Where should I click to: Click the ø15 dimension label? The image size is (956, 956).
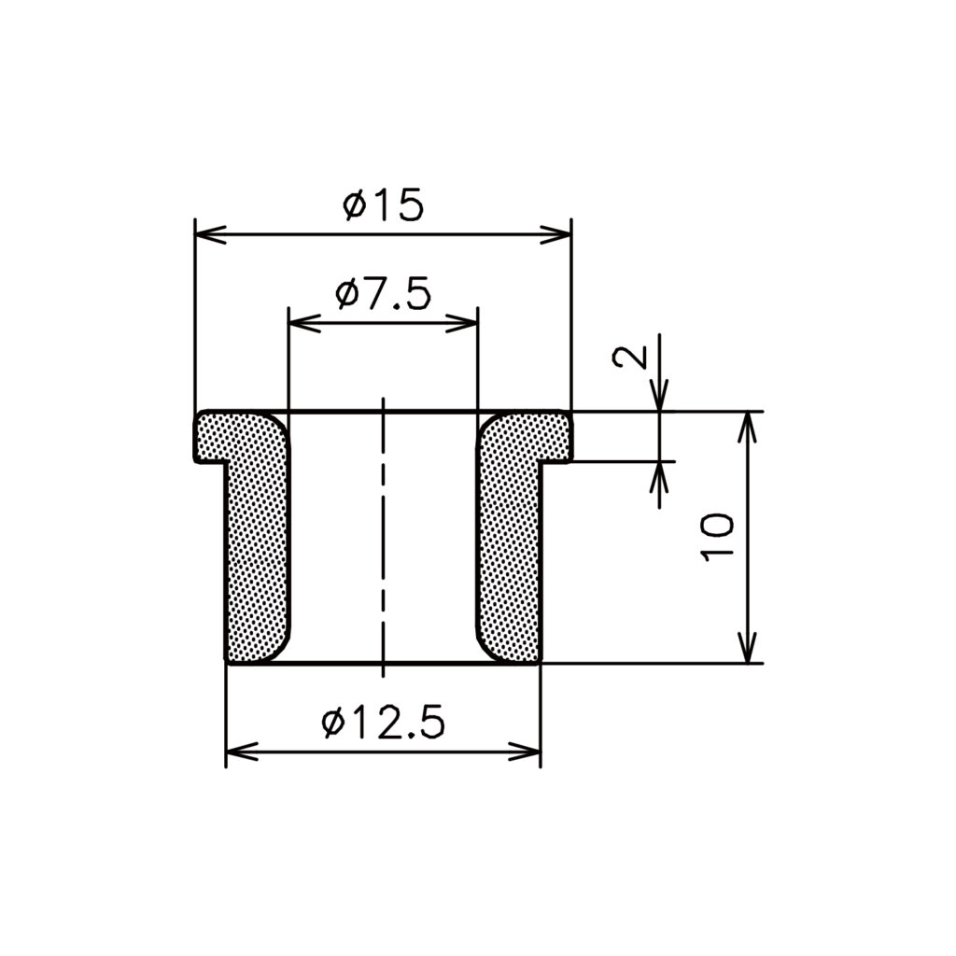point(383,204)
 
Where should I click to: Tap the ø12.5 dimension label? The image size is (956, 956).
point(383,723)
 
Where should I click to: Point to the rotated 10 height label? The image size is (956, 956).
point(717,537)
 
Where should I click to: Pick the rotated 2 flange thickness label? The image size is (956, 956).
point(630,357)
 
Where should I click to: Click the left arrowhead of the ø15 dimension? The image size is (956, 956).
point(210,234)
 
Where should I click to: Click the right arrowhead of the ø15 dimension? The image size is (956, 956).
point(555,234)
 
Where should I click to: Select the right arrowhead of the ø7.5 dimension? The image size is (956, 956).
point(461,323)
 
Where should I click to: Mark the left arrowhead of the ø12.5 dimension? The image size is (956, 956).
point(242,752)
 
